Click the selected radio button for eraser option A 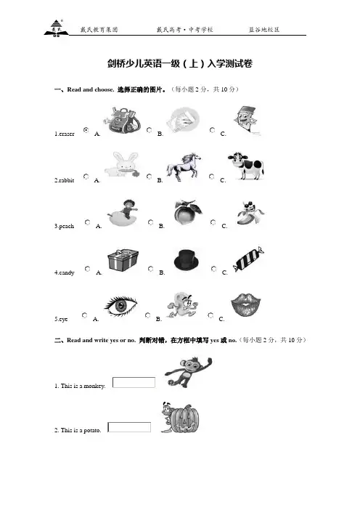(86, 130)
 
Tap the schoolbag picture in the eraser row (123, 120)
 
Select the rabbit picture (123, 164)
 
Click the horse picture (184, 166)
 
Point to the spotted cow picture (245, 165)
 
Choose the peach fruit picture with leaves (188, 212)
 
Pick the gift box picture (123, 260)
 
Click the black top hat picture (187, 259)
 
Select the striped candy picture (248, 259)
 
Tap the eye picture (120, 306)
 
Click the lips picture (246, 304)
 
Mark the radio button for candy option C (214, 269)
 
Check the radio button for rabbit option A (86, 177)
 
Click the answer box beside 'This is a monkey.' (134, 382)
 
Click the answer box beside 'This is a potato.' (129, 427)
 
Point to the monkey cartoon (188, 372)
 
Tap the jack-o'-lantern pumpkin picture (181, 418)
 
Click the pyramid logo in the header (56, 28)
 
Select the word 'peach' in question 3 (67, 226)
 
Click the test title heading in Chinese (180, 63)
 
